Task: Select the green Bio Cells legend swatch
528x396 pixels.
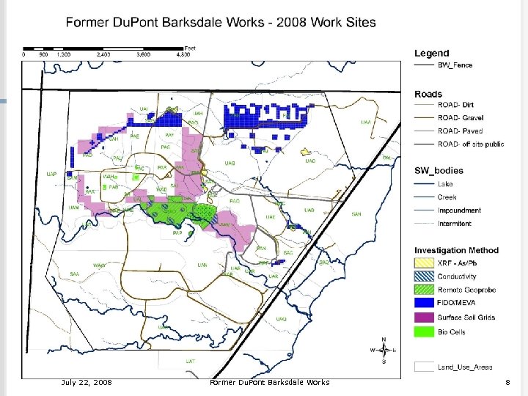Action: (425, 331)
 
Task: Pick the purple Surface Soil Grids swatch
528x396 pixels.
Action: (425, 318)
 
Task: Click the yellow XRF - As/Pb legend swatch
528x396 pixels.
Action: (425, 263)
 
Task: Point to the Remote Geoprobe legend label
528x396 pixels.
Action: (466, 290)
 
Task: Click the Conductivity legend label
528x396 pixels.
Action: (457, 276)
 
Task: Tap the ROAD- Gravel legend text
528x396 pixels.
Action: (461, 117)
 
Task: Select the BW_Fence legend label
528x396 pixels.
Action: (455, 65)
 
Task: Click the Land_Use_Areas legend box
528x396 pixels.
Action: (425, 367)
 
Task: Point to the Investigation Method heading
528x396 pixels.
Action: (456, 250)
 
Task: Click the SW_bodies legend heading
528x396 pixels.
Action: (439, 171)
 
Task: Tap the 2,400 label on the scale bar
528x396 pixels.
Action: (103, 54)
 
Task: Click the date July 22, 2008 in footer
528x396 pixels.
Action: (87, 382)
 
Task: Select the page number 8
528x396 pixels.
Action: (507, 382)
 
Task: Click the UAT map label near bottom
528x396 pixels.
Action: (190, 361)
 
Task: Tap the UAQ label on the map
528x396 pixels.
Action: (281, 320)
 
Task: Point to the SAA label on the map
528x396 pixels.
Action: (74, 274)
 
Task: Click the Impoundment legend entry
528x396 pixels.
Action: (459, 210)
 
